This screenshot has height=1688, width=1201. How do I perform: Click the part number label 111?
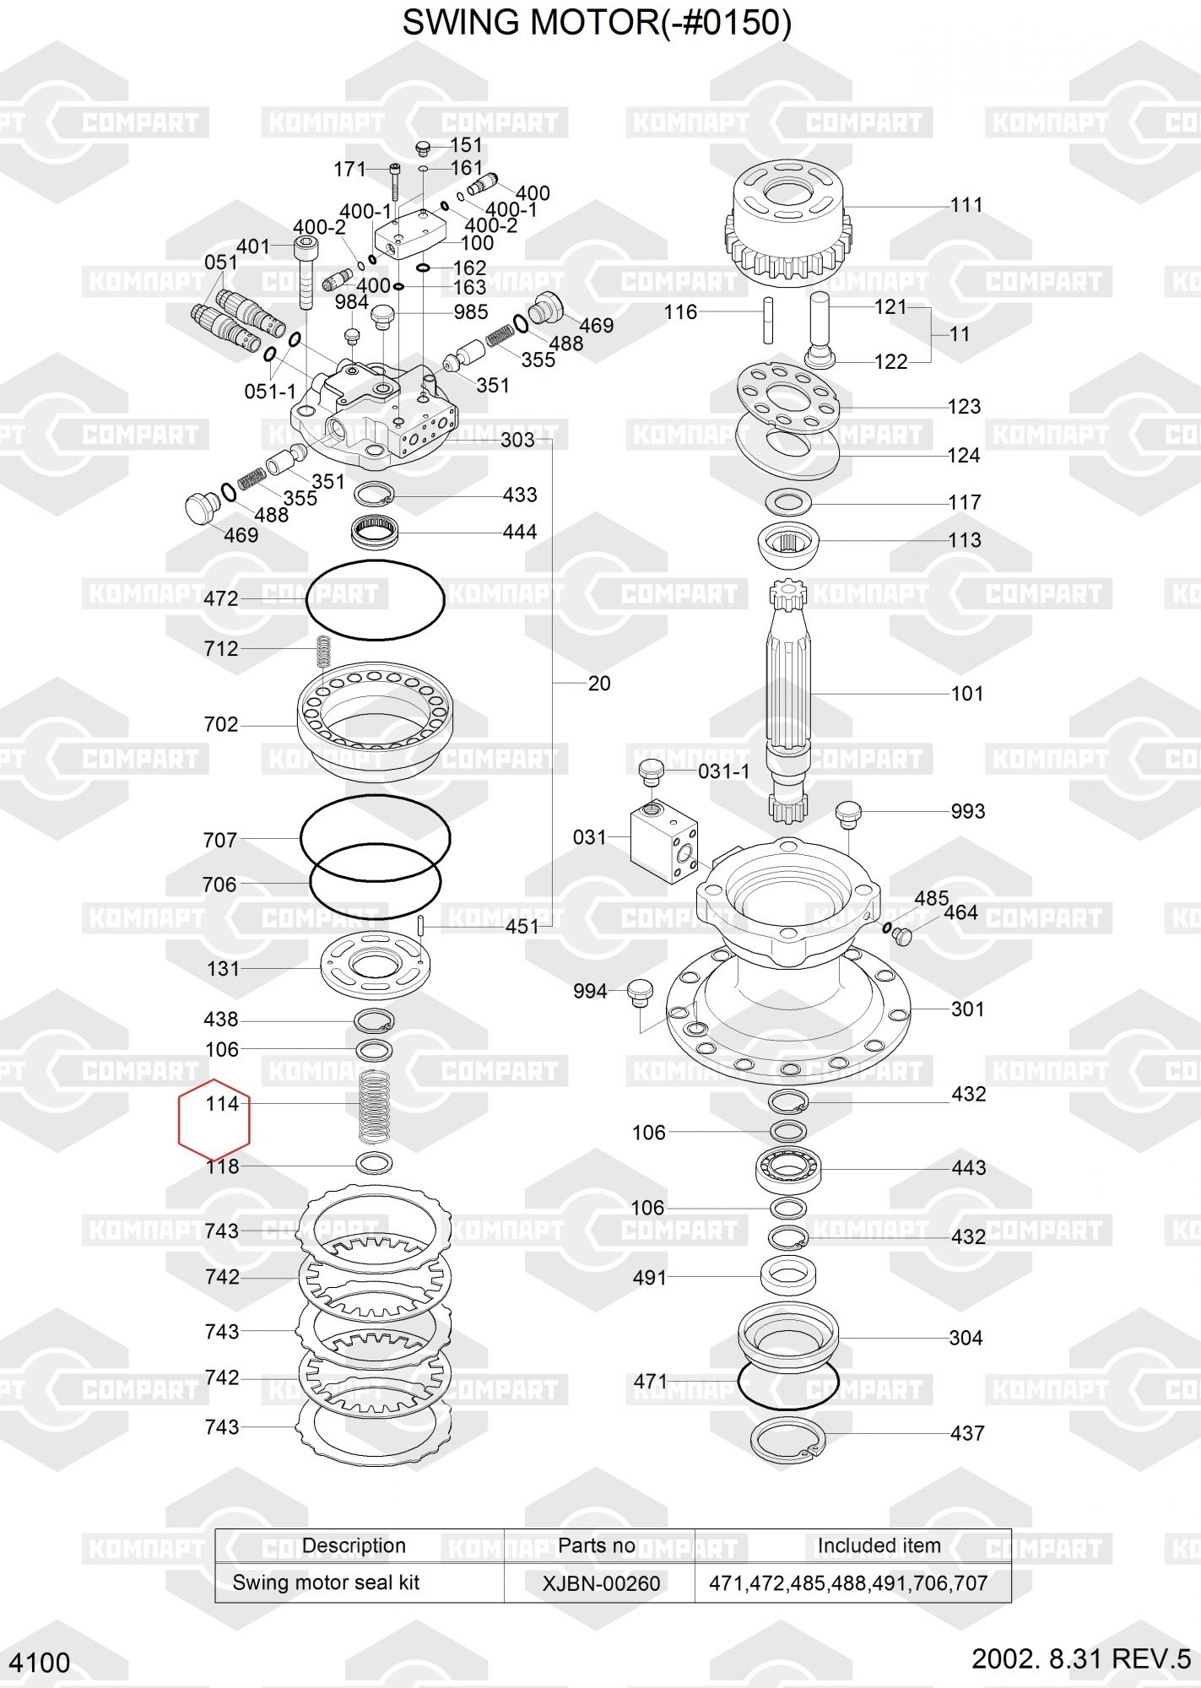pyautogui.click(x=966, y=205)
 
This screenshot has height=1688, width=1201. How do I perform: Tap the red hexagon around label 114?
pyautogui.click(x=179, y=1119)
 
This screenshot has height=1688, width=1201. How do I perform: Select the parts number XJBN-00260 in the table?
pyautogui.click(x=601, y=1582)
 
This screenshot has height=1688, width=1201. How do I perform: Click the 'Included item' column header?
pyautogui.click(x=879, y=1545)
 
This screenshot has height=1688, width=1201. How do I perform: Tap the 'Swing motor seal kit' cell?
pyautogui.click(x=326, y=1582)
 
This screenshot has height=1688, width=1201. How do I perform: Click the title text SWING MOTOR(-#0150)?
pyautogui.click(x=597, y=23)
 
